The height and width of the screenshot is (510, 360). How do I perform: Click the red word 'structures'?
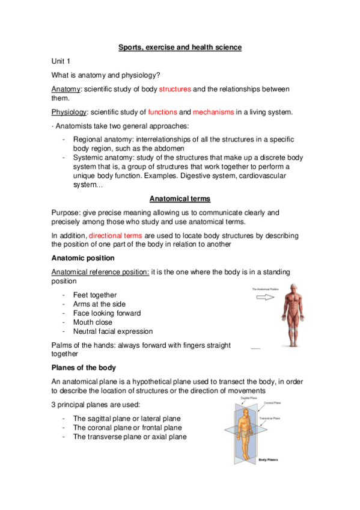click(x=175, y=89)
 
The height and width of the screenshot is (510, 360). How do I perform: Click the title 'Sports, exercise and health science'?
click(x=180, y=47)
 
